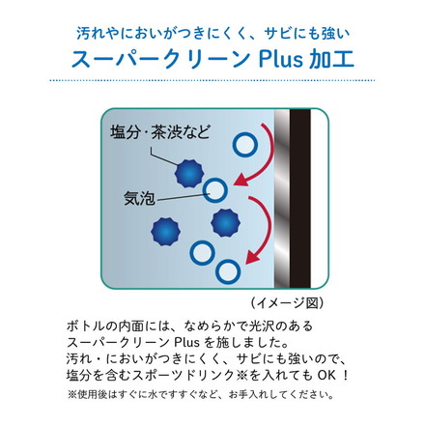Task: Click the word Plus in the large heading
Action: click(x=280, y=59)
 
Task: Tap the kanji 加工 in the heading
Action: click(x=331, y=59)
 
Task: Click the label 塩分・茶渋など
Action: click(x=160, y=132)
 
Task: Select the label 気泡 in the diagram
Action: click(x=139, y=198)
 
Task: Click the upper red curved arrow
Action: click(x=267, y=156)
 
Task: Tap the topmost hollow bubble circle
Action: click(x=245, y=144)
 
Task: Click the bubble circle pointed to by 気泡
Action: click(x=215, y=190)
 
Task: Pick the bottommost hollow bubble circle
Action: click(x=228, y=271)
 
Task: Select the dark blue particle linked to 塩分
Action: click(x=189, y=174)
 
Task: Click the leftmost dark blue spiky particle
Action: click(x=165, y=232)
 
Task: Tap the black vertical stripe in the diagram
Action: click(x=300, y=198)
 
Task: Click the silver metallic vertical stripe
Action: click(x=282, y=198)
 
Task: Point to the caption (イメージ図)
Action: click(x=287, y=302)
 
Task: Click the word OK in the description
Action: click(x=326, y=376)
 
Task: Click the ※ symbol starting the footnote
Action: click(x=71, y=395)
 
